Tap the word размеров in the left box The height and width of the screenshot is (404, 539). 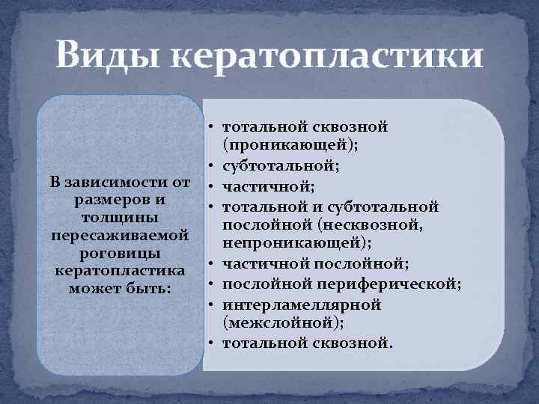(104, 201)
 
